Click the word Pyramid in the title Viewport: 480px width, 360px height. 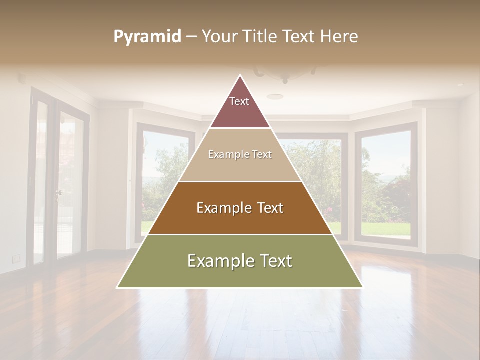(147, 37)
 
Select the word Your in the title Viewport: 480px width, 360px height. (218, 37)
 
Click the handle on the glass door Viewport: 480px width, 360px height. (59, 192)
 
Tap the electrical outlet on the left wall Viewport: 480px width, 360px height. (16, 258)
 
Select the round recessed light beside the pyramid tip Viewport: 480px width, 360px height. (274, 96)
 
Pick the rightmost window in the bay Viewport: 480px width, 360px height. (385, 183)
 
